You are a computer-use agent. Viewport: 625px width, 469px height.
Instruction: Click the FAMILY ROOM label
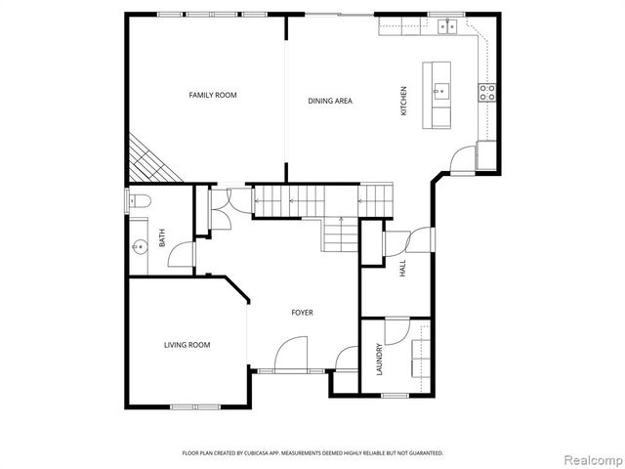pos(213,95)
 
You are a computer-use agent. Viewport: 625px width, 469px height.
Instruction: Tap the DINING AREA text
pos(330,101)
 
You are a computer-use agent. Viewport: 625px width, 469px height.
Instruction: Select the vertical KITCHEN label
pos(402,102)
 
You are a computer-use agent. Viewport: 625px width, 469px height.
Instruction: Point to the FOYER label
pos(302,313)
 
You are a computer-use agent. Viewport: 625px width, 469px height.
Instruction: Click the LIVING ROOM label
pos(187,344)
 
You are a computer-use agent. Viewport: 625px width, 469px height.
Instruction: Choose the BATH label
pos(163,237)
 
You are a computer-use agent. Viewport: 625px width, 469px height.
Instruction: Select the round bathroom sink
pos(138,247)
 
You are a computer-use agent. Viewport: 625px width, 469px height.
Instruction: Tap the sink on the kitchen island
pos(441,93)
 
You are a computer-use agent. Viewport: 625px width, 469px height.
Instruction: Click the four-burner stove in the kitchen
pos(486,93)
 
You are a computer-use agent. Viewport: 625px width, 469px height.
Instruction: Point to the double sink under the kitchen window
pos(448,26)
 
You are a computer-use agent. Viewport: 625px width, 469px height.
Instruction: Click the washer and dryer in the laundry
pos(422,359)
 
